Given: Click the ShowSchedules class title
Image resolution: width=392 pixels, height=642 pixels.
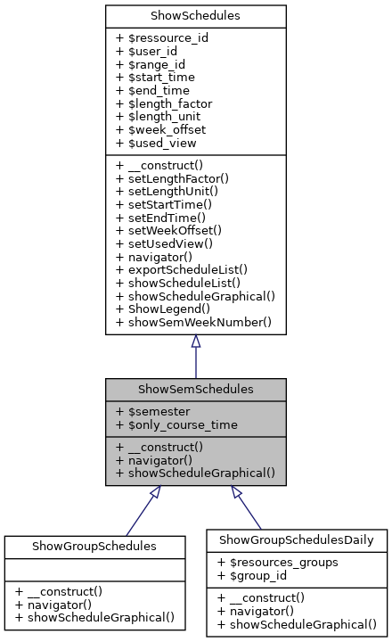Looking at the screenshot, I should (196, 15).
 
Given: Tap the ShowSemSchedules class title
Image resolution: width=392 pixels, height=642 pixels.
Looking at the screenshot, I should (196, 390).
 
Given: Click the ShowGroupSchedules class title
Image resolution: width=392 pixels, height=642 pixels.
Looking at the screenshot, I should (94, 546).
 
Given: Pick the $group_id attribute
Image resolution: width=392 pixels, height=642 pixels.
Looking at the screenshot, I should (253, 574).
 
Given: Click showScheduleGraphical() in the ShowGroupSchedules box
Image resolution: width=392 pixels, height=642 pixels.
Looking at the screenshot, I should (94, 616).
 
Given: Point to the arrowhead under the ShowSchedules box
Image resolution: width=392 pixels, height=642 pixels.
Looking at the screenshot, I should (196, 342).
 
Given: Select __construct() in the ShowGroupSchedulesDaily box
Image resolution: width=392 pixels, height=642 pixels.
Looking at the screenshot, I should (260, 597).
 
